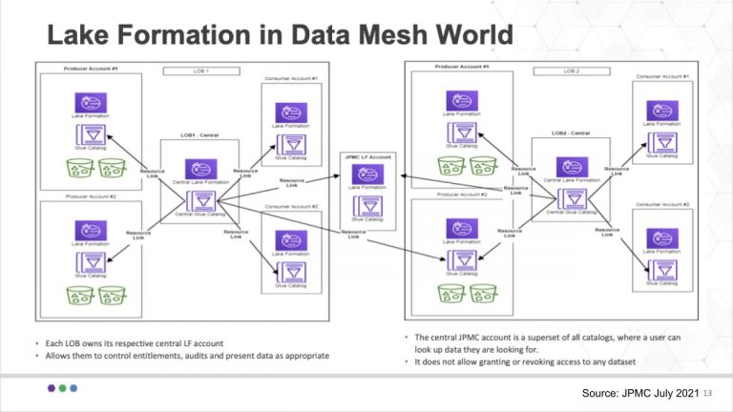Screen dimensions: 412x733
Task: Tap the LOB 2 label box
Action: tap(573, 71)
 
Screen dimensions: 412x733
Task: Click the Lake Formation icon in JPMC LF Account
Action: tap(367, 175)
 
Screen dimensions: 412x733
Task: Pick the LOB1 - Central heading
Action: tap(199, 135)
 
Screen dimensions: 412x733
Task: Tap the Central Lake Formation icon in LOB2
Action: tap(570, 162)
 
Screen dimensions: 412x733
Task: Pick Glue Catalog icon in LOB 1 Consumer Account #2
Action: tap(291, 272)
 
